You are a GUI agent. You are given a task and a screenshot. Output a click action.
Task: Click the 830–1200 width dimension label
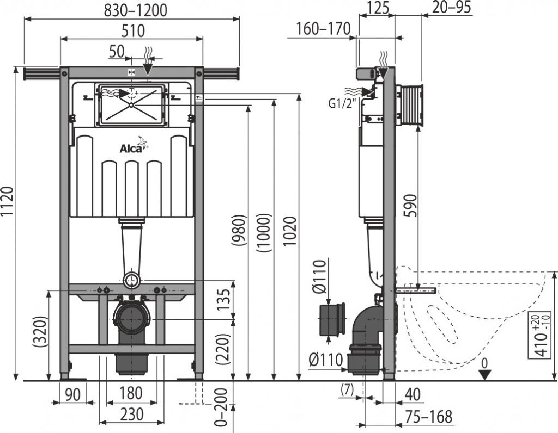tap(133, 9)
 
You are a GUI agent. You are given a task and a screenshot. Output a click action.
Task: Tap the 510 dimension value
tap(133, 30)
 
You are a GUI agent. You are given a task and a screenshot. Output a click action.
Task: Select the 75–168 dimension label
tap(429, 417)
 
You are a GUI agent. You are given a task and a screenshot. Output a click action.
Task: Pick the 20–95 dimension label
tap(451, 7)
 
